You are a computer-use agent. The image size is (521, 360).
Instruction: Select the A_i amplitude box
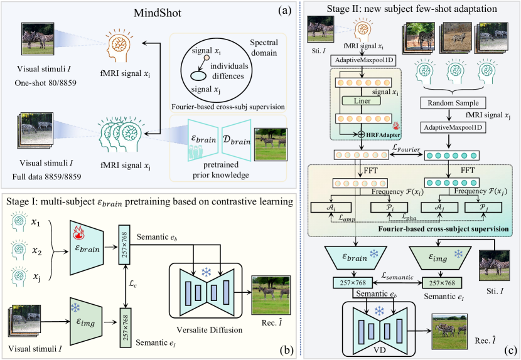(x=332, y=207)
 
